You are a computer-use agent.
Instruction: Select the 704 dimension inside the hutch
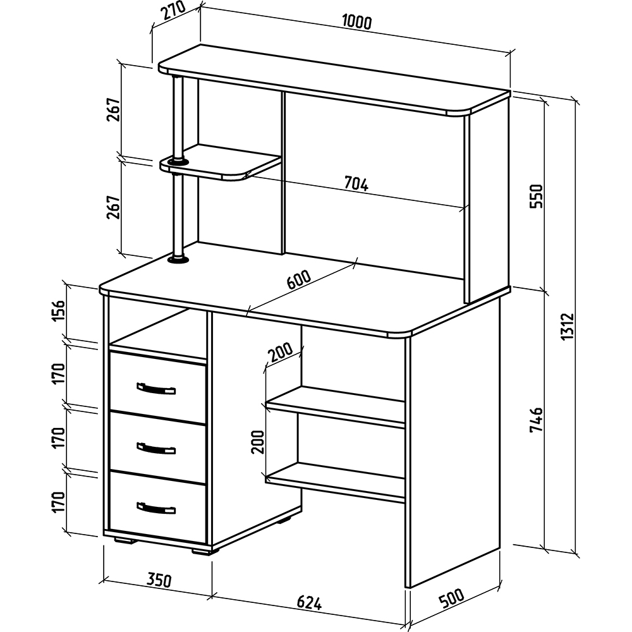pyautogui.click(x=356, y=184)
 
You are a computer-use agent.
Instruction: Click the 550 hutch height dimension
pyautogui.click(x=537, y=196)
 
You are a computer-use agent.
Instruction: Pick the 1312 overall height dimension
pyautogui.click(x=568, y=327)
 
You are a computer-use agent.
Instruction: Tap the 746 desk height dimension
pyautogui.click(x=537, y=420)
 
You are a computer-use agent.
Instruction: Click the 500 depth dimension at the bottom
pyautogui.click(x=451, y=598)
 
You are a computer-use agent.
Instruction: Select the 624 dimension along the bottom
pyautogui.click(x=310, y=603)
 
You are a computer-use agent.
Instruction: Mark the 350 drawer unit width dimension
pyautogui.click(x=159, y=580)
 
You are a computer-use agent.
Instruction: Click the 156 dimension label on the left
pyautogui.click(x=58, y=311)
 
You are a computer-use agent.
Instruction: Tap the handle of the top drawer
pyautogui.click(x=156, y=389)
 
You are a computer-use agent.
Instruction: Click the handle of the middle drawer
pyautogui.click(x=156, y=448)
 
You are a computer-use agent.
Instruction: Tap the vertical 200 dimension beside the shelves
pyautogui.click(x=258, y=442)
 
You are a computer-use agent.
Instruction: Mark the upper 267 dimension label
pyautogui.click(x=114, y=109)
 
